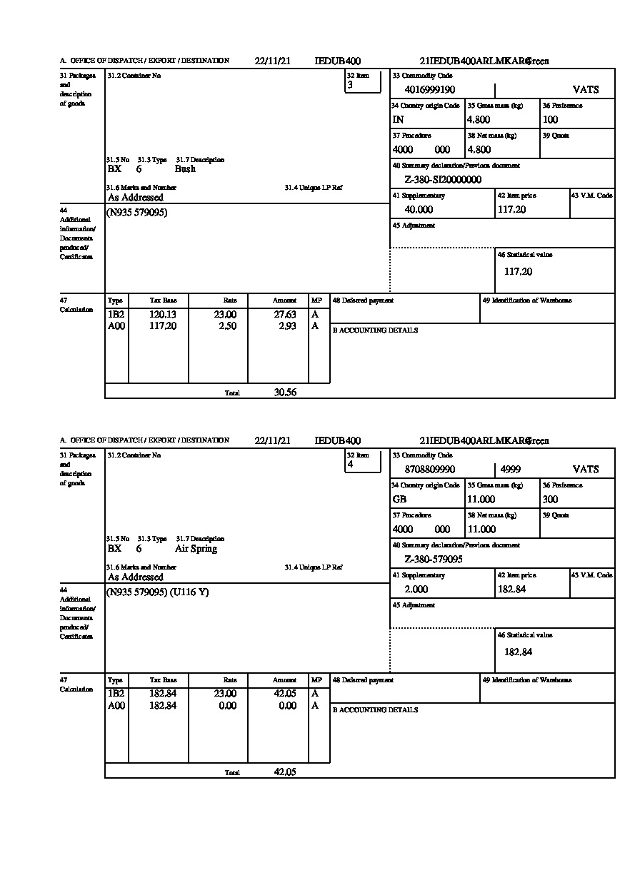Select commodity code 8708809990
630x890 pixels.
(x=429, y=470)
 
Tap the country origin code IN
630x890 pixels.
(x=398, y=120)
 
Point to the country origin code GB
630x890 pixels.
(x=399, y=500)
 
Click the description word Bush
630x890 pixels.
(x=185, y=169)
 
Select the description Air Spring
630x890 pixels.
(x=196, y=549)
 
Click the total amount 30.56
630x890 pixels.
(x=285, y=392)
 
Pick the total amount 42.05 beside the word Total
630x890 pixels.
(x=285, y=772)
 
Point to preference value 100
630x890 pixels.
(x=550, y=120)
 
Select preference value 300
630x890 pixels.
(x=550, y=500)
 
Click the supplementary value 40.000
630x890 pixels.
(x=419, y=210)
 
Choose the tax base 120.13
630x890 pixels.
(x=163, y=315)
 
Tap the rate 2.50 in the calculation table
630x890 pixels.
(x=227, y=326)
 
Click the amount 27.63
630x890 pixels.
(x=287, y=315)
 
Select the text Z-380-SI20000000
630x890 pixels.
(x=443, y=180)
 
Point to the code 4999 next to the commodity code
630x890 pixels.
(x=511, y=470)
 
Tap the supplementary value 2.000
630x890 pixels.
(x=416, y=590)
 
